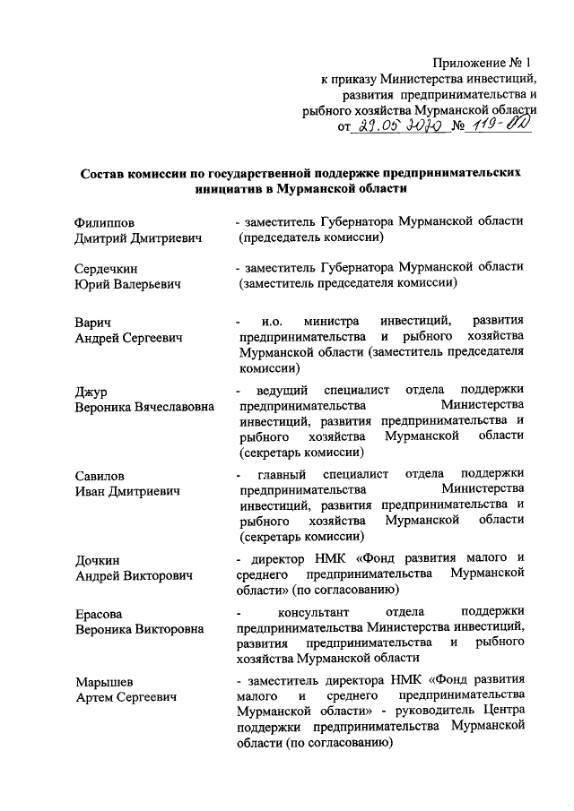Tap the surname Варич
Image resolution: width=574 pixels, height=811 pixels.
click(93, 322)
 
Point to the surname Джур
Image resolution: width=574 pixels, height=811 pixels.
click(91, 392)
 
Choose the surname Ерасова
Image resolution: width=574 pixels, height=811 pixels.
click(100, 614)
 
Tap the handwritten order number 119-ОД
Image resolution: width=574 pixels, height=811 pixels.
click(496, 125)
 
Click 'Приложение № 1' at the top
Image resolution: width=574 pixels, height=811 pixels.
click(483, 63)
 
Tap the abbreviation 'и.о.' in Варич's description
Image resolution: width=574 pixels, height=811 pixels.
click(272, 322)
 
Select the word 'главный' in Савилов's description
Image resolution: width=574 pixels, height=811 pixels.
click(282, 475)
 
